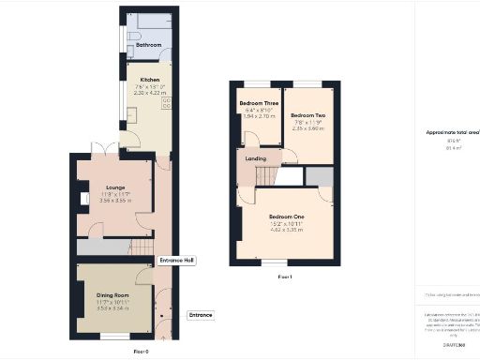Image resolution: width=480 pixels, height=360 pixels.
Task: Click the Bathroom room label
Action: point(148,45)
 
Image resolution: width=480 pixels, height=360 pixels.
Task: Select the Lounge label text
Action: point(115,187)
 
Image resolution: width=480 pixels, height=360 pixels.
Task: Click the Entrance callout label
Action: point(201,314)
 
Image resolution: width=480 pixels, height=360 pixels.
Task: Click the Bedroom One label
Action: point(285,217)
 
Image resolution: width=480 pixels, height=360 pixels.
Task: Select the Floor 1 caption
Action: point(285,277)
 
